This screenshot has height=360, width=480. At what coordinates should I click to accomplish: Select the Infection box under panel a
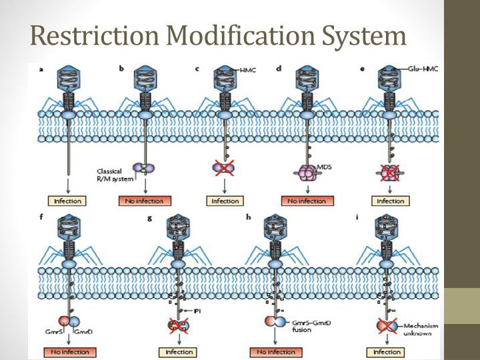tap(67, 201)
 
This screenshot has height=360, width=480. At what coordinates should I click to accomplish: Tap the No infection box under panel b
tap(144, 201)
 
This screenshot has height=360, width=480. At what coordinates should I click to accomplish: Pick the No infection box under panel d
tap(307, 201)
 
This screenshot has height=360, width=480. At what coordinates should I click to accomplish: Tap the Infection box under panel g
tap(178, 351)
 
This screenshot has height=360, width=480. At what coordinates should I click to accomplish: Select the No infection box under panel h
tap(273, 351)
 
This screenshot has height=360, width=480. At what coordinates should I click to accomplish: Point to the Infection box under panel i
tap(387, 351)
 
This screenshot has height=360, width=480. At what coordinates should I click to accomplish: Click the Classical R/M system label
tap(111, 175)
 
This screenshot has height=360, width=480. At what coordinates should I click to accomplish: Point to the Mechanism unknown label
tap(421, 329)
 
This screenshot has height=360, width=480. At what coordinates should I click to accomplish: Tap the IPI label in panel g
tap(197, 311)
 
